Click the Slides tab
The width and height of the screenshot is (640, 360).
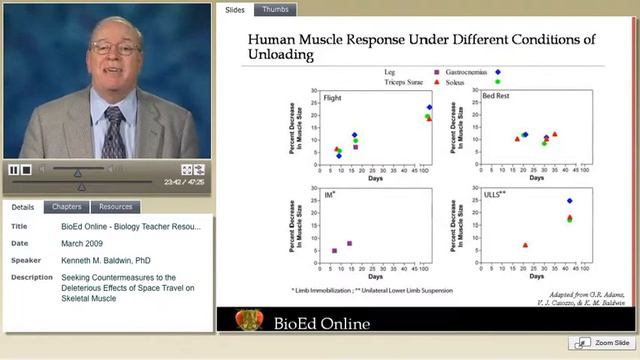[234, 10]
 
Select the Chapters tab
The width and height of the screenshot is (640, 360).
[66, 207]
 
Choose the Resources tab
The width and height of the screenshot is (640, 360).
[115, 207]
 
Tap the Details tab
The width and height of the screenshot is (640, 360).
[22, 207]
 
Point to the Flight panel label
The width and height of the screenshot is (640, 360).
[323, 98]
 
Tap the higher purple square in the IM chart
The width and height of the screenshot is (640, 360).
[349, 243]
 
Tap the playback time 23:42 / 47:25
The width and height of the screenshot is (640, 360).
[184, 182]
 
